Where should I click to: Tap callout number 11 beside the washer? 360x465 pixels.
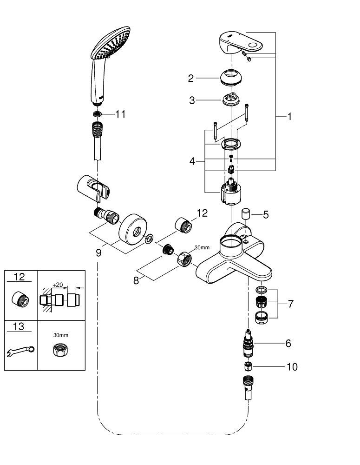[120, 114]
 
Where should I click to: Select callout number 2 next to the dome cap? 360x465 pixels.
[191, 78]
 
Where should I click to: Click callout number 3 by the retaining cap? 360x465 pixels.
[192, 100]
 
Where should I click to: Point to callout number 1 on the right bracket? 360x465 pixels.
[289, 117]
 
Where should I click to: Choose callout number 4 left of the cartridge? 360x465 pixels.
[192, 162]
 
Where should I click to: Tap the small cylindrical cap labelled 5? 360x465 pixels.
[246, 214]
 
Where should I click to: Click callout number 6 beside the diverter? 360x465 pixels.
[288, 344]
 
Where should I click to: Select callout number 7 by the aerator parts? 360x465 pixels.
[291, 304]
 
